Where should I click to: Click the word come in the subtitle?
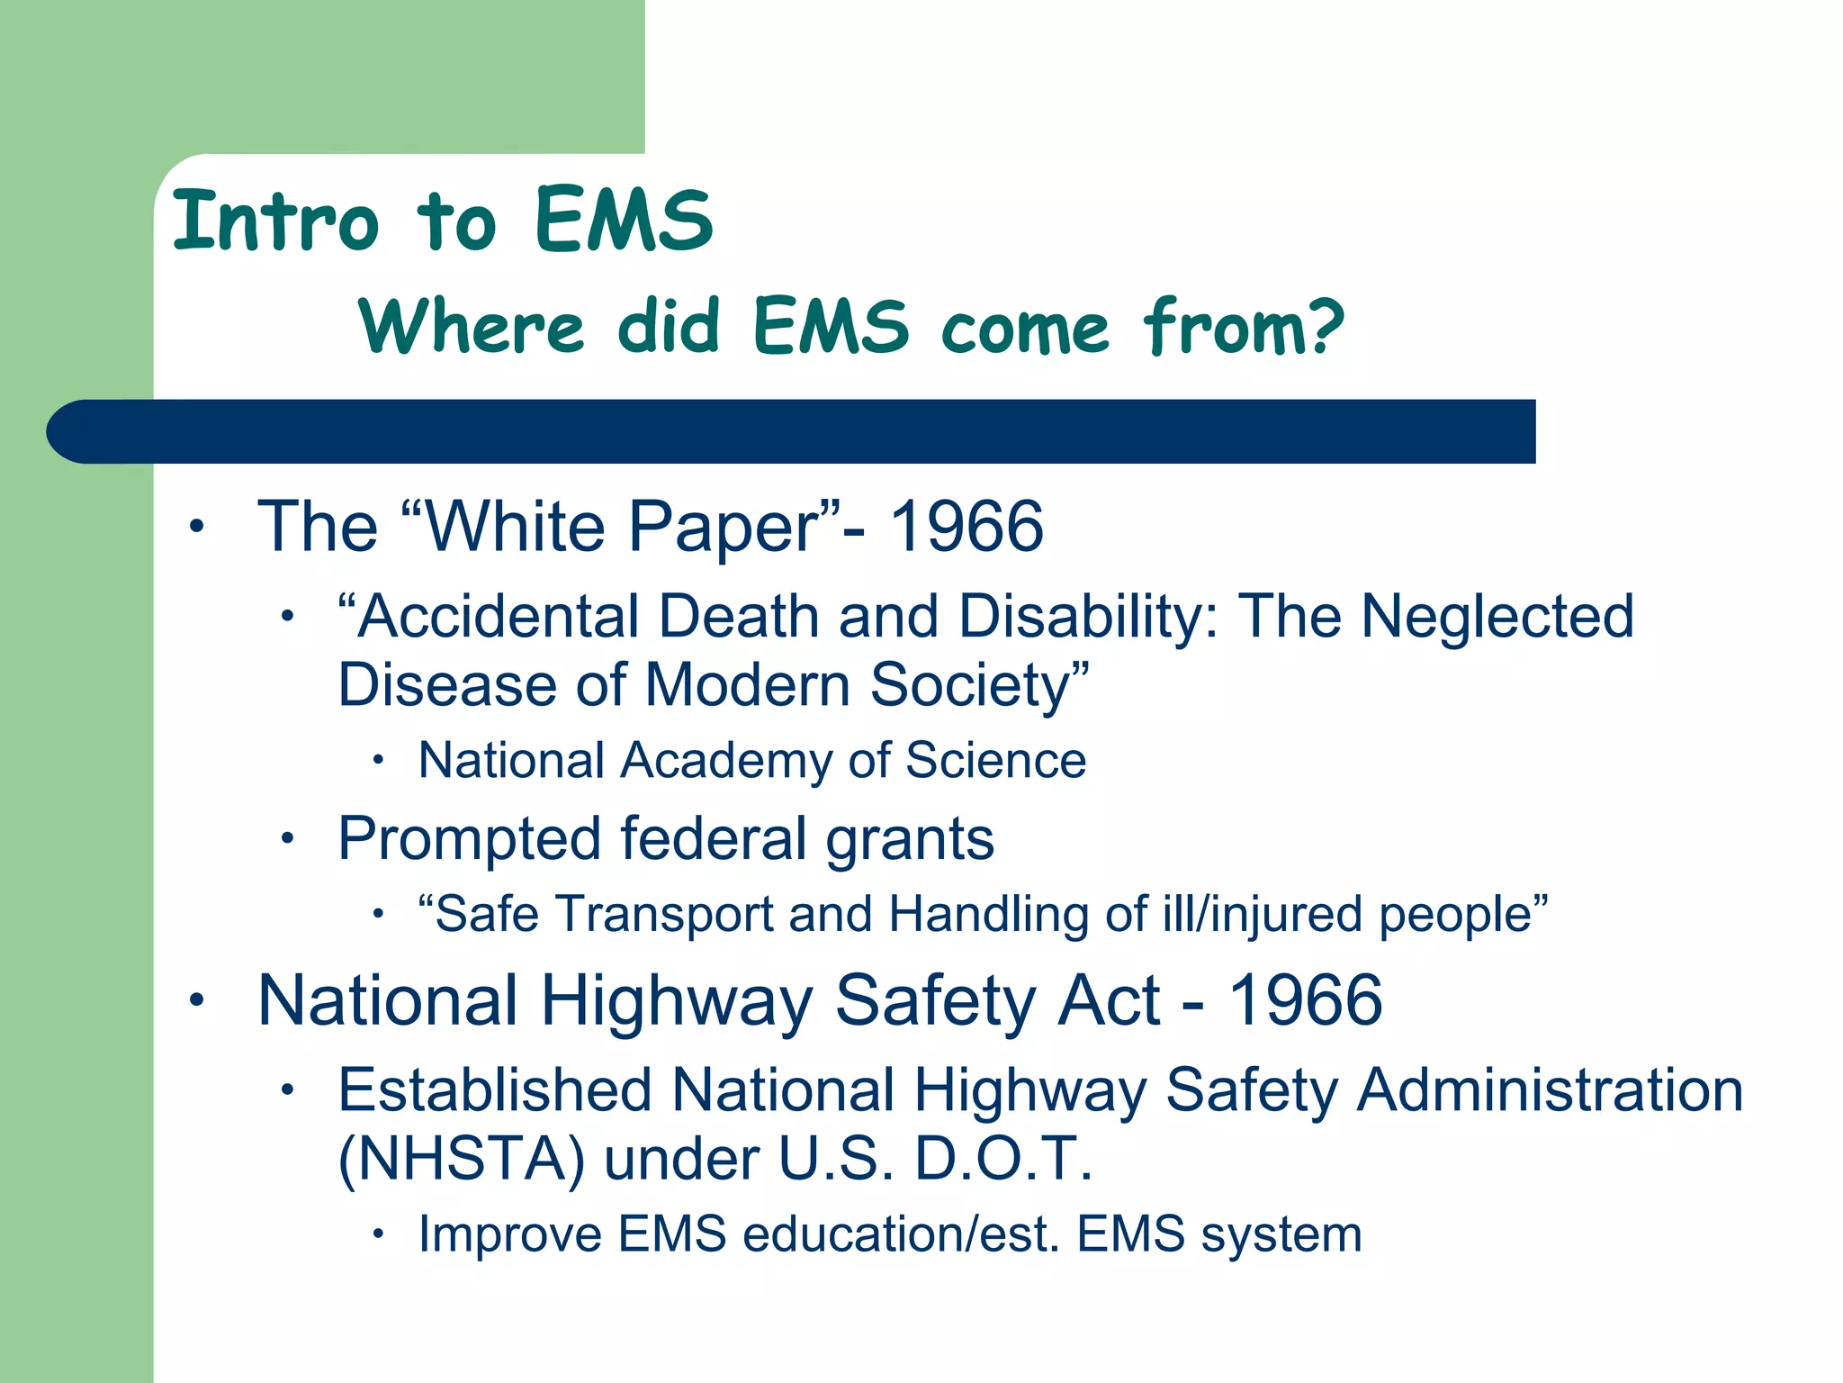click(x=1025, y=328)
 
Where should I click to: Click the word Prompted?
click(x=469, y=839)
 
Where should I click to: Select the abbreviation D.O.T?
click(x=1003, y=1159)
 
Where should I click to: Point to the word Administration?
click(x=1550, y=1090)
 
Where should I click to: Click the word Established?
click(x=495, y=1090)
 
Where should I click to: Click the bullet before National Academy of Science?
click(x=379, y=762)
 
